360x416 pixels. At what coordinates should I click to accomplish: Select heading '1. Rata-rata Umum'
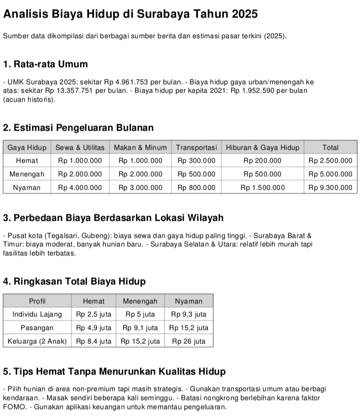coord(45,64)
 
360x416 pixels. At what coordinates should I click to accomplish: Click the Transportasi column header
coord(196,147)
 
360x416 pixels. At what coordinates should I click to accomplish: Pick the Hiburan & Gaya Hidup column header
coord(262,147)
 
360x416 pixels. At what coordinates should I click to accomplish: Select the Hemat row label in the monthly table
coord(27,161)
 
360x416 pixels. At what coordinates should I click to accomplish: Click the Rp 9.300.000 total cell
coord(330,188)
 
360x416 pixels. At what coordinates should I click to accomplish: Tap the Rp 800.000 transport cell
coord(196,188)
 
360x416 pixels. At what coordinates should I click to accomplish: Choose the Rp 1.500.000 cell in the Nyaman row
coord(262,188)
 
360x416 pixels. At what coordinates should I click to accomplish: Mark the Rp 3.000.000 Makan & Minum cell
coord(140,188)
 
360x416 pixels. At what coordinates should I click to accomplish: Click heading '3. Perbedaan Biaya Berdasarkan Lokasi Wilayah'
coord(113,218)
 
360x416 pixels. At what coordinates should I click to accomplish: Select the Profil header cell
coord(37,301)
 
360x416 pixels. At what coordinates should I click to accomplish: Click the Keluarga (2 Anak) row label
coord(37,341)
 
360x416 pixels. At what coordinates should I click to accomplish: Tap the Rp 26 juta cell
coord(188,341)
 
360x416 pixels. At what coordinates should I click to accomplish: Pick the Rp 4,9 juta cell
coord(93,328)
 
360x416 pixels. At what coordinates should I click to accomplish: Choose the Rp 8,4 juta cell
coord(93,341)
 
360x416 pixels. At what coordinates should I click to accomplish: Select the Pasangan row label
coord(37,328)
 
